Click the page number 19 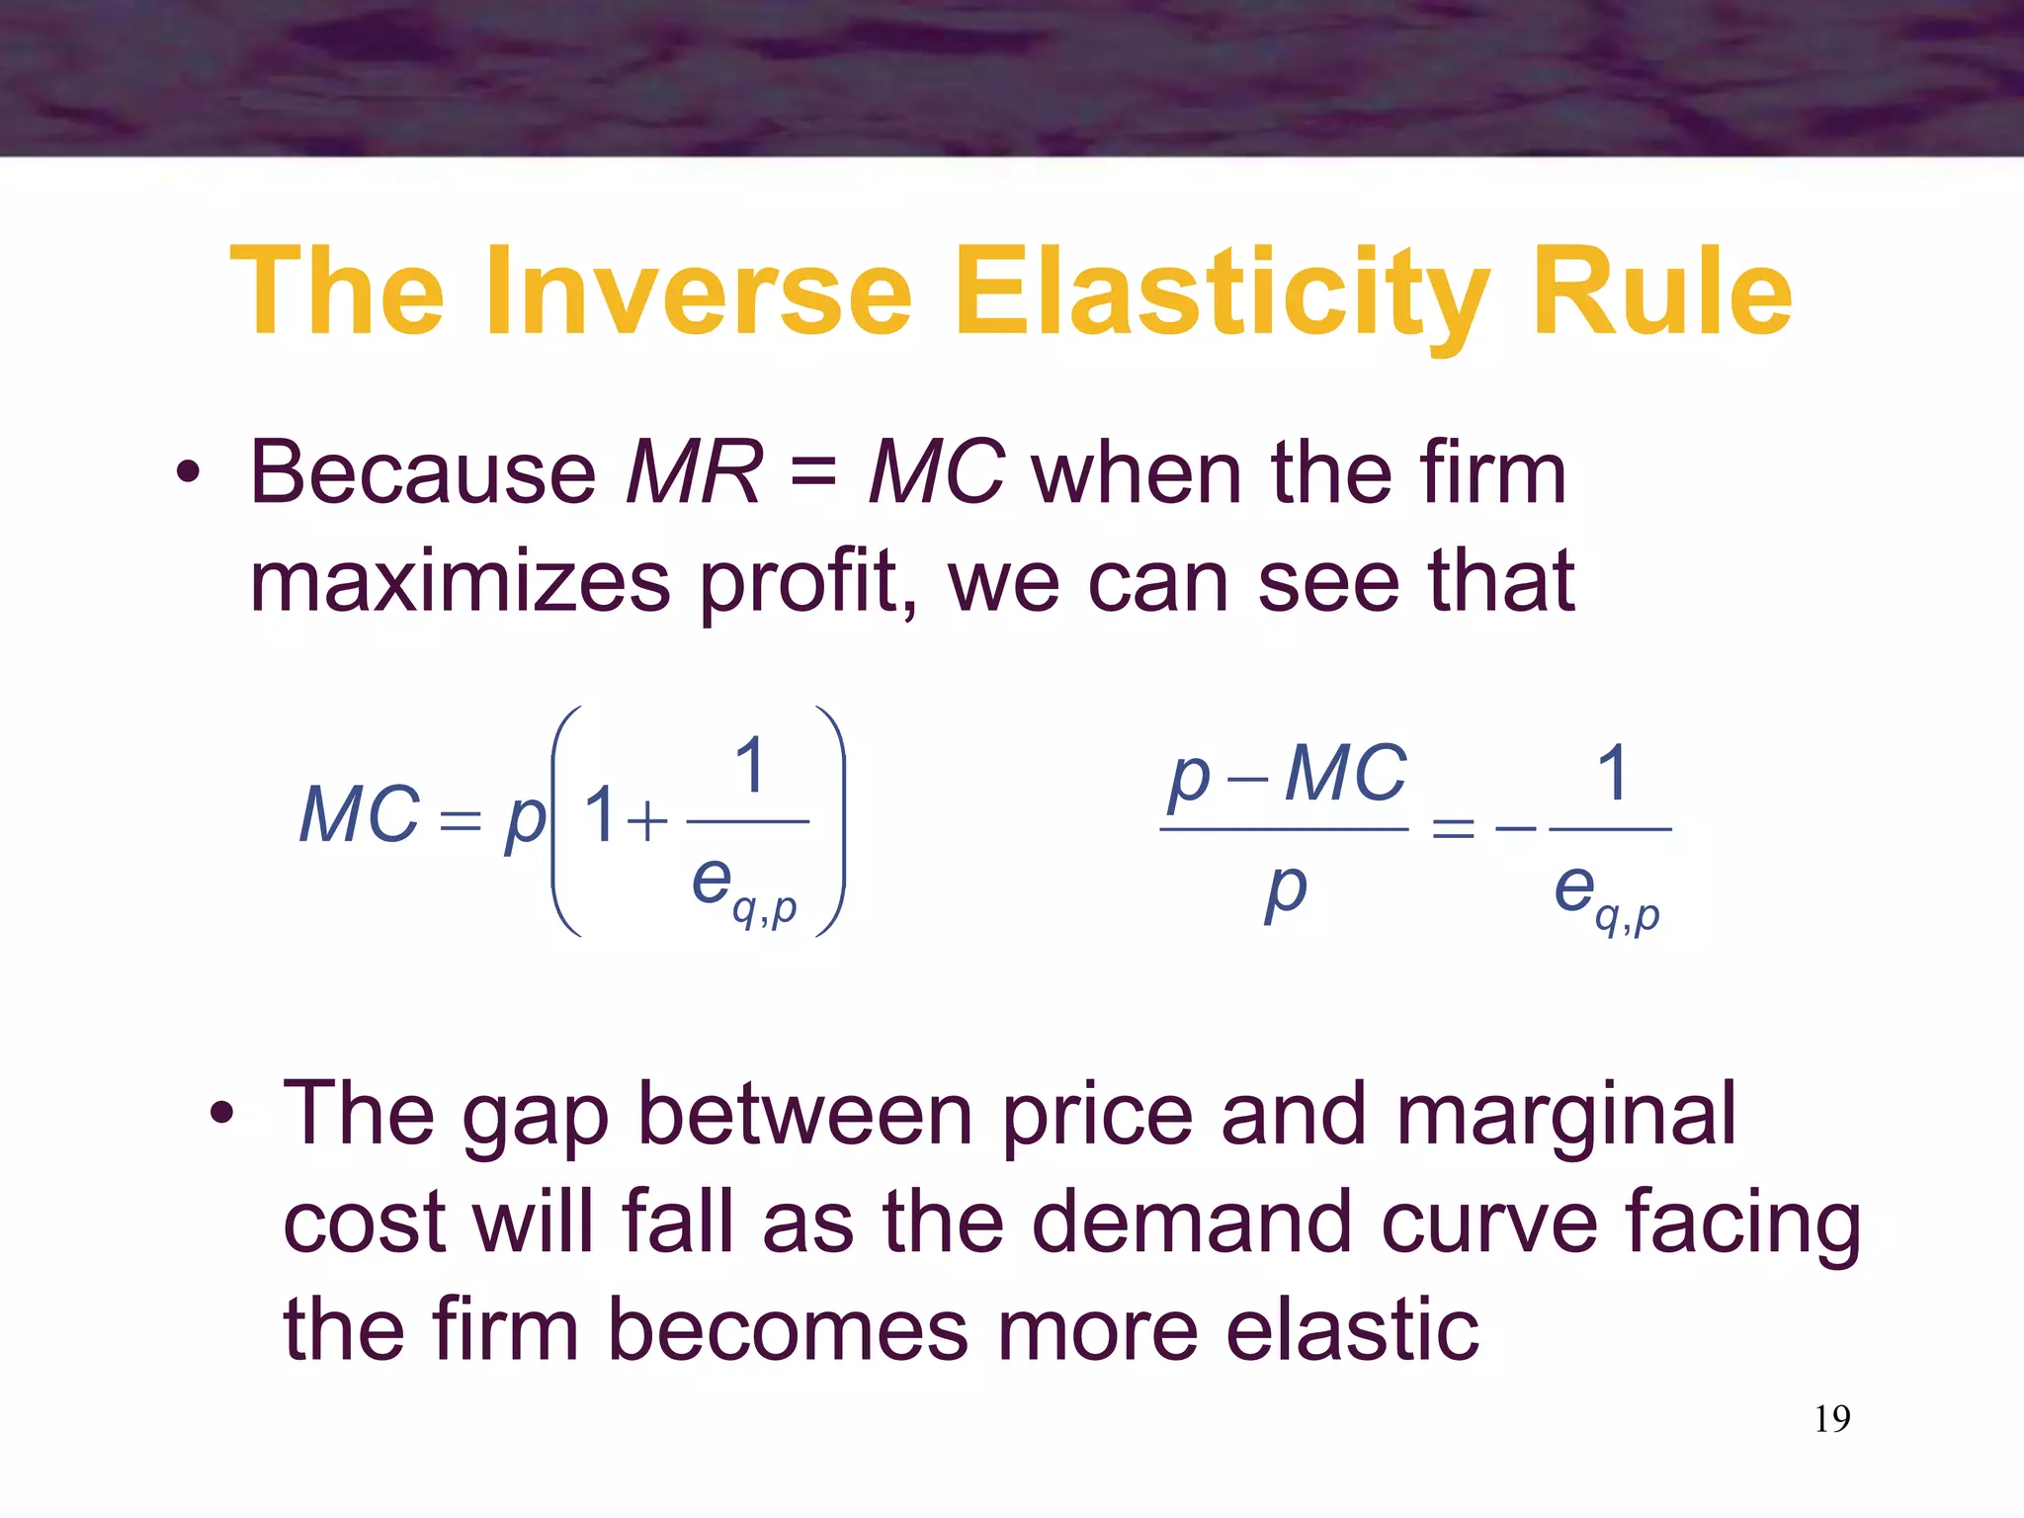pyautogui.click(x=1831, y=1419)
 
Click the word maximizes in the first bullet pyautogui.click(x=460, y=583)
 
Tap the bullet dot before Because pyautogui.click(x=188, y=473)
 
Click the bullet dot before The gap pyautogui.click(x=221, y=1114)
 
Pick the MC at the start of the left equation pyautogui.click(x=360, y=816)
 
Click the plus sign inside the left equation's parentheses pyautogui.click(x=647, y=821)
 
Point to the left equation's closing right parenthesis pyautogui.click(x=831, y=820)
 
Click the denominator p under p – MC pyautogui.click(x=1285, y=890)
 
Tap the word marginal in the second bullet pyautogui.click(x=1565, y=1115)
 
